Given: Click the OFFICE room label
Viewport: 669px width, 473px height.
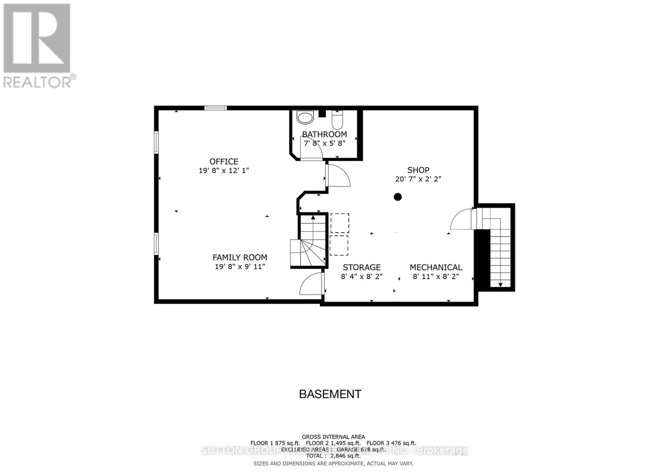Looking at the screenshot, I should [224, 161].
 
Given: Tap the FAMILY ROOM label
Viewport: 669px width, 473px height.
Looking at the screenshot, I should [240, 257].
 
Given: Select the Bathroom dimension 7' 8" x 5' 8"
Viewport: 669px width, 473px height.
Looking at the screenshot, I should [324, 143].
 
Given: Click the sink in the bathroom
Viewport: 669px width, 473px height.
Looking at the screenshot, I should [305, 117].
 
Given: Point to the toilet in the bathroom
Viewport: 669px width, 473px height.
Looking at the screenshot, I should [337, 120].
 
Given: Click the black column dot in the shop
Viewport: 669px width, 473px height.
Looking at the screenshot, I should [398, 197].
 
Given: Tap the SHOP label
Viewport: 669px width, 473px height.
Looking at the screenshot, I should [418, 170].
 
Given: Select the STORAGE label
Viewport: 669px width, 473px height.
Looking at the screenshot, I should [362, 267].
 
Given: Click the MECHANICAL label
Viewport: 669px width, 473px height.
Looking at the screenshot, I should [436, 267].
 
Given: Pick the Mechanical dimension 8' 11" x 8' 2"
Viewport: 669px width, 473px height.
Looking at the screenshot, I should [436, 276].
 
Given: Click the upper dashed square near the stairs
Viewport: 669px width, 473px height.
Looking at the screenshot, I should [340, 223].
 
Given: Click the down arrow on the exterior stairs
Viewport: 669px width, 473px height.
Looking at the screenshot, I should [500, 285].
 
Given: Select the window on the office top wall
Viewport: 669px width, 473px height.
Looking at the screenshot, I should [216, 108].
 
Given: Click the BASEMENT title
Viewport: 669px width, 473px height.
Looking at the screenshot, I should [330, 394].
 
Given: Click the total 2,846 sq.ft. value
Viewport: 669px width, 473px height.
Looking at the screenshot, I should [343, 456].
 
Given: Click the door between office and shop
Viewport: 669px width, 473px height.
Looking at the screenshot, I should [337, 175].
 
